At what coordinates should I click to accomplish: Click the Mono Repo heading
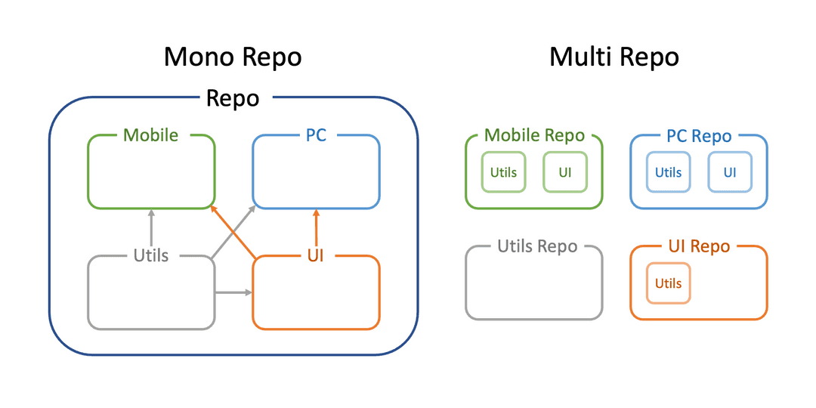pos(233,57)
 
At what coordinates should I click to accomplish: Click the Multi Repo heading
pos(614,57)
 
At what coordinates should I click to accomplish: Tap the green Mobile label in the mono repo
pos(151,135)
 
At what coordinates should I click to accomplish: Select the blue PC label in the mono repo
pos(316,135)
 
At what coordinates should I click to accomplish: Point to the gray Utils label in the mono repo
pos(151,255)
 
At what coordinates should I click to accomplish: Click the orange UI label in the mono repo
pos(316,255)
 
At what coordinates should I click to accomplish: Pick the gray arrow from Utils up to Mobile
pos(151,228)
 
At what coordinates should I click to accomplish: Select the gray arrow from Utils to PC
pos(233,231)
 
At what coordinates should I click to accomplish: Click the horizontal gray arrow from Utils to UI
pos(233,293)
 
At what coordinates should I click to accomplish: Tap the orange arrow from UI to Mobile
pos(233,231)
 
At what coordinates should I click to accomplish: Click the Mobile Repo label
pos(534,135)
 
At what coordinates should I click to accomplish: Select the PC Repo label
pos(699,136)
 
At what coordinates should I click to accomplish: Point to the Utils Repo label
pos(538,246)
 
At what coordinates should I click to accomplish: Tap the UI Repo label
pos(698,246)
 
